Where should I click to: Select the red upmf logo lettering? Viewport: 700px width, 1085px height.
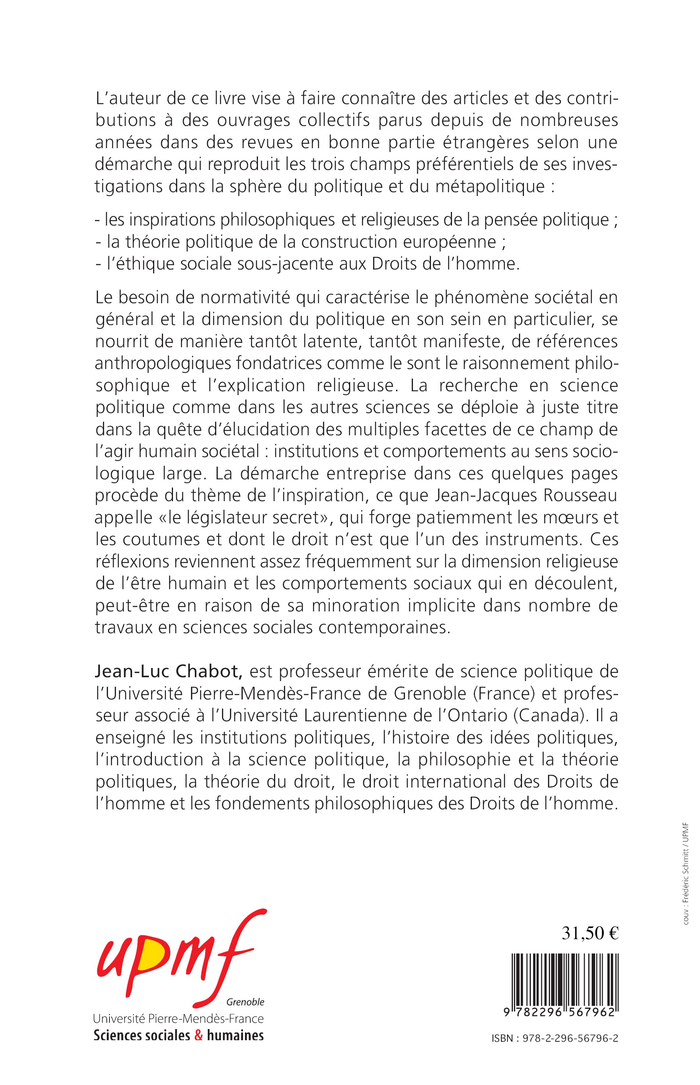[x=179, y=955]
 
